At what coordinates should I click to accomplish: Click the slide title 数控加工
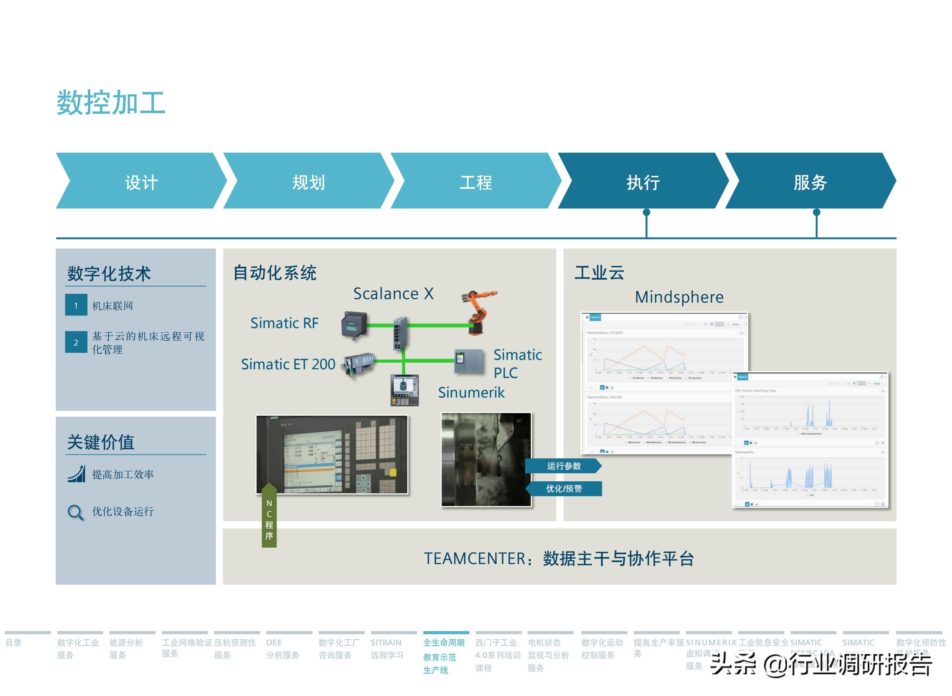pyautogui.click(x=111, y=102)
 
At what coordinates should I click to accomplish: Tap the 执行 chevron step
pyautogui.click(x=643, y=182)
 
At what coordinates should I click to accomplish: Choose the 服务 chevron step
pyautogui.click(x=810, y=182)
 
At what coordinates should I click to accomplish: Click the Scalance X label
pyautogui.click(x=393, y=293)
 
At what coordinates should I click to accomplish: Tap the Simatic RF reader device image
pyautogui.click(x=354, y=324)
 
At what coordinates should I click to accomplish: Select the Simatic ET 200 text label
pyautogui.click(x=288, y=364)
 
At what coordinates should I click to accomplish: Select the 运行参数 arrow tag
pyautogui.click(x=563, y=466)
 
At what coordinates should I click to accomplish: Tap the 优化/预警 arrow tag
pyautogui.click(x=564, y=488)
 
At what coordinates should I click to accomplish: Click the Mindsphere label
pyautogui.click(x=679, y=297)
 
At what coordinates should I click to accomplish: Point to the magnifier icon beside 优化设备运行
pyautogui.click(x=75, y=512)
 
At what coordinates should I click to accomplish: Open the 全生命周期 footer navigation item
pyautogui.click(x=444, y=643)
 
